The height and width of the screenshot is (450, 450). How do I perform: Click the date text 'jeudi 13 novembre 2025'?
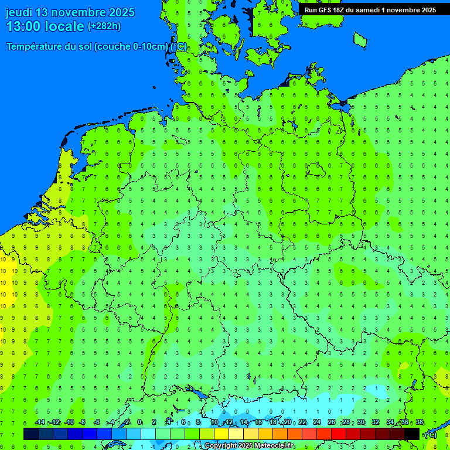pos(70,12)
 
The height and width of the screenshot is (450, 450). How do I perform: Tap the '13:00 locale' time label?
pos(45,26)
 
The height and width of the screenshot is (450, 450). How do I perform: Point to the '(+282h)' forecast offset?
pos(104,26)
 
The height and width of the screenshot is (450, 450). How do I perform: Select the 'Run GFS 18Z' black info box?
pos(370,9)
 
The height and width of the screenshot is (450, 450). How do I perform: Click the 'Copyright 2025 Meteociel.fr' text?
pos(249,446)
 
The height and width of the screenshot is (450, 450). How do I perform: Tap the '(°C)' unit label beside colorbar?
pos(430,434)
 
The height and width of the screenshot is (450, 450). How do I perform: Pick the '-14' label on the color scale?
pos(40,422)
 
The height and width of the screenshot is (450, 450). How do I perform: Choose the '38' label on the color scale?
pos(419,422)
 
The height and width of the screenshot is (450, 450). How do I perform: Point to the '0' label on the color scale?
pos(139,422)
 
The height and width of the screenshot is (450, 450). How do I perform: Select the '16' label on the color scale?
pos(258,422)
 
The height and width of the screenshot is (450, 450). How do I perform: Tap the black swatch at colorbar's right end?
pos(412,434)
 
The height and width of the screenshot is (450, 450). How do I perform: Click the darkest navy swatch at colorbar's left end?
pos(31,434)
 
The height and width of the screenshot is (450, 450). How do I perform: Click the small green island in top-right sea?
pos(360,39)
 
